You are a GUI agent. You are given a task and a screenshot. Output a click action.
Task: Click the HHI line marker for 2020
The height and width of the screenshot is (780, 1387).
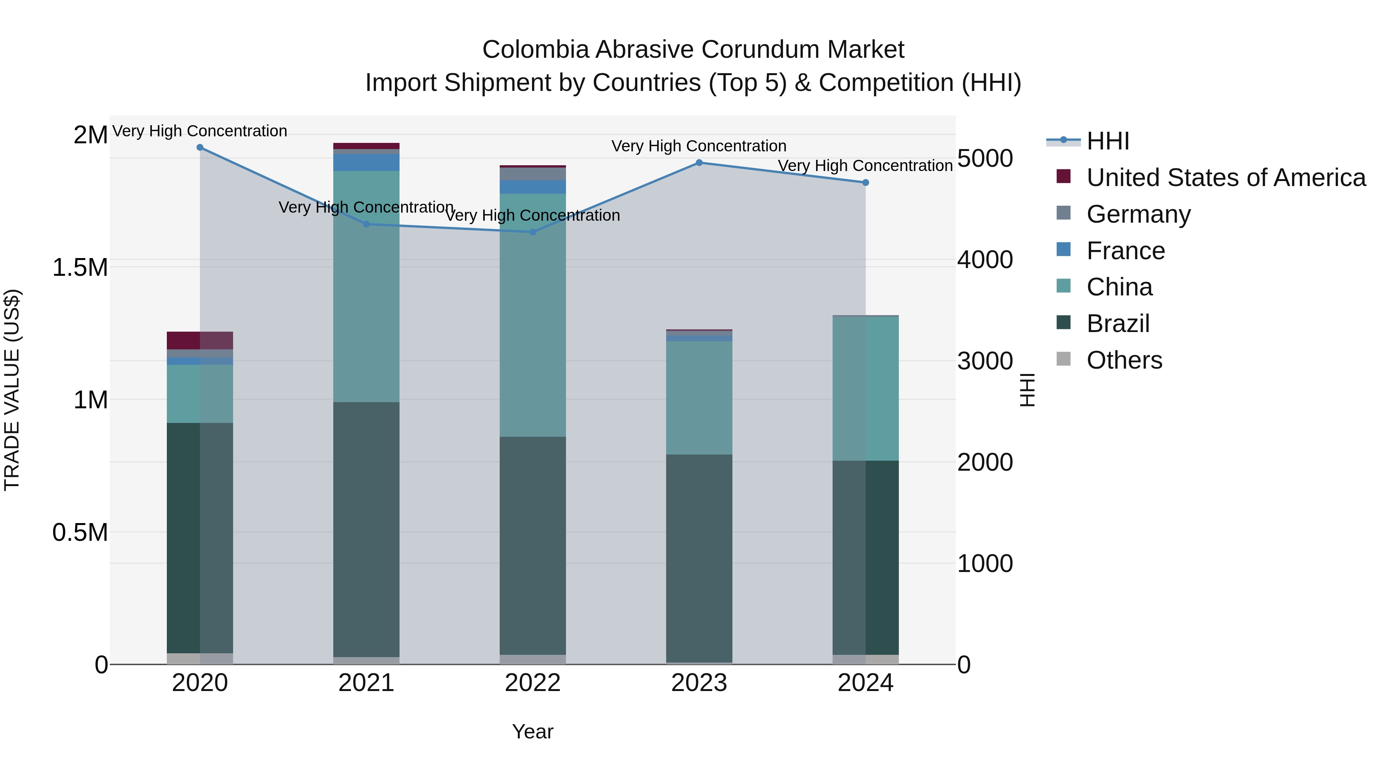[x=200, y=148]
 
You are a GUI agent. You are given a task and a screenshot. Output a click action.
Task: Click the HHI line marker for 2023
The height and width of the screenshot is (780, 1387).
[x=699, y=163]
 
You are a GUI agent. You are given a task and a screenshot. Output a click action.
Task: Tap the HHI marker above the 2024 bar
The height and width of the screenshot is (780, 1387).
[x=865, y=183]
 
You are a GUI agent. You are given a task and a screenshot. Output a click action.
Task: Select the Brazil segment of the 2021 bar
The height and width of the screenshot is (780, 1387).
[x=366, y=529]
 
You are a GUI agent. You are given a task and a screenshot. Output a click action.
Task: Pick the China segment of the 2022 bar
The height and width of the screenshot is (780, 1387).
[x=532, y=315]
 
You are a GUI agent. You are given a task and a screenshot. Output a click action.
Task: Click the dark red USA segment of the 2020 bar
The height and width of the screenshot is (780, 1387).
[x=200, y=340]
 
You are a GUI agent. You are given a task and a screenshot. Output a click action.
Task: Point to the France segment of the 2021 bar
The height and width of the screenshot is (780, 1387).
[x=366, y=163]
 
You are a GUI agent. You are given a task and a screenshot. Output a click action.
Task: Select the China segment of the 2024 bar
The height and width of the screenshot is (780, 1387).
[x=865, y=388]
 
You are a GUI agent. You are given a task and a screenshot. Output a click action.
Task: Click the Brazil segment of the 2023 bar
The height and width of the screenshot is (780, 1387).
[x=699, y=558]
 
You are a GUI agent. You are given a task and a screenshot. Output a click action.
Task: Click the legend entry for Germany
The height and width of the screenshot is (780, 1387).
[x=1138, y=214]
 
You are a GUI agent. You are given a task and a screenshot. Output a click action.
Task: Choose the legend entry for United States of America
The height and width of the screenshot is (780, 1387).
[x=1226, y=178]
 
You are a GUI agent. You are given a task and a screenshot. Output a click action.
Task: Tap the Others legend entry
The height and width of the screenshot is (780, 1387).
[x=1124, y=360]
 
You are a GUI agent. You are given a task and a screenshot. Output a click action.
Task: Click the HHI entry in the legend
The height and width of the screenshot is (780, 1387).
[x=1108, y=141]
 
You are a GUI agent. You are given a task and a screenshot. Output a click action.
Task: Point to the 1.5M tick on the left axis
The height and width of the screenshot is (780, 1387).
[x=80, y=268]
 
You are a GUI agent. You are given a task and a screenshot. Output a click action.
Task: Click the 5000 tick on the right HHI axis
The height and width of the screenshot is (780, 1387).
[x=985, y=158]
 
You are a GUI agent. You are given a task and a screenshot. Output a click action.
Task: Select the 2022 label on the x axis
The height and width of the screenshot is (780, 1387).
[x=532, y=683]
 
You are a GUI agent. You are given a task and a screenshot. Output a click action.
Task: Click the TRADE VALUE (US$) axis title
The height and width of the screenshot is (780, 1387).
[x=12, y=390]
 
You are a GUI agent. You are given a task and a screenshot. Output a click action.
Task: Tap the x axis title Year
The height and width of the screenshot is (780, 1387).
[x=532, y=731]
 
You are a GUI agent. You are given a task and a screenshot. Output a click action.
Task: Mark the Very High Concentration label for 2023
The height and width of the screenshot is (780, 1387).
[x=699, y=146]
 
